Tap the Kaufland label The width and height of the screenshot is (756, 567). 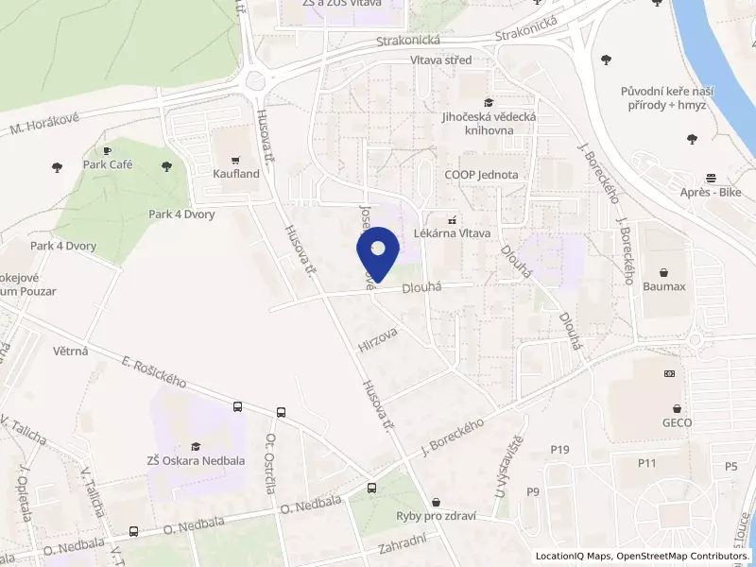[236, 174]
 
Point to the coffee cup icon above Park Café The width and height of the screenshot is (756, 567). [107, 150]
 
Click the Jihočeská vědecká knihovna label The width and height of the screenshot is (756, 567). [489, 123]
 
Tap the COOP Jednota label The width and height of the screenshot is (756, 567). [481, 175]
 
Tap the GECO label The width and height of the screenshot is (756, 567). [678, 422]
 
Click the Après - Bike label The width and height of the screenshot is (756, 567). [709, 192]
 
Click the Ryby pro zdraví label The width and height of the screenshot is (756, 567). [436, 516]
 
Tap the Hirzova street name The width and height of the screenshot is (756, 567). [378, 340]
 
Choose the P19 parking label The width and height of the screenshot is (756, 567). [559, 449]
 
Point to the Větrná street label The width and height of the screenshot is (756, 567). [72, 351]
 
